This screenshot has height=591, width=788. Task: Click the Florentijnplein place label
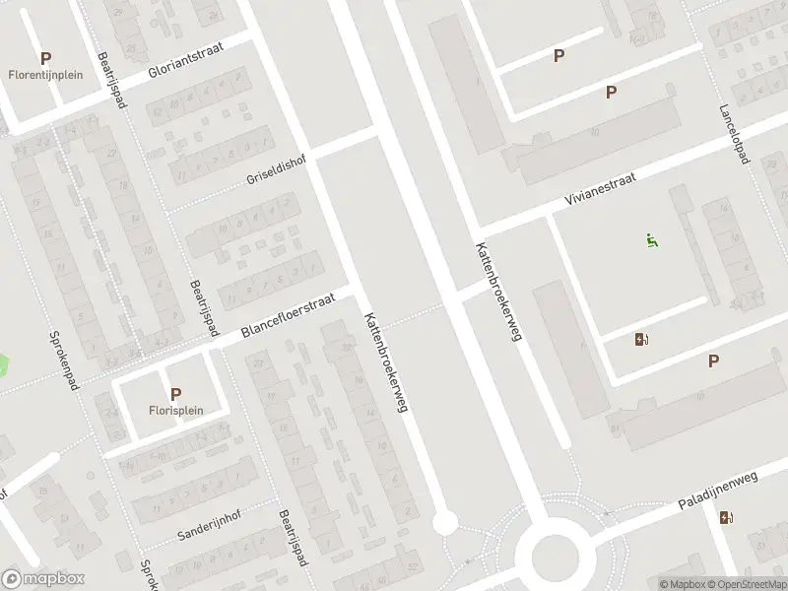pos(45,74)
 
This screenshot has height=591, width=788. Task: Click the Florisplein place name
pos(175,411)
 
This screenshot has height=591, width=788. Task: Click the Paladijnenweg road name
pos(716,490)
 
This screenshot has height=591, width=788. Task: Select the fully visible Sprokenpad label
pos(63,360)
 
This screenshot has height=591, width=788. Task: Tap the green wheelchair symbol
pos(651,239)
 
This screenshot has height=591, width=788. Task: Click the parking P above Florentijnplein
pos(45,58)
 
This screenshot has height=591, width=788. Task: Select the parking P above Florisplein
pos(175,394)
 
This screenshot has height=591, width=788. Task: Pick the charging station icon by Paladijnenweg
pos(726,518)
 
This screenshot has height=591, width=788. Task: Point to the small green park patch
pos(3,366)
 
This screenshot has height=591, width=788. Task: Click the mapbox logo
pos(43,578)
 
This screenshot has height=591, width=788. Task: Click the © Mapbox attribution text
pos(683,584)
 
